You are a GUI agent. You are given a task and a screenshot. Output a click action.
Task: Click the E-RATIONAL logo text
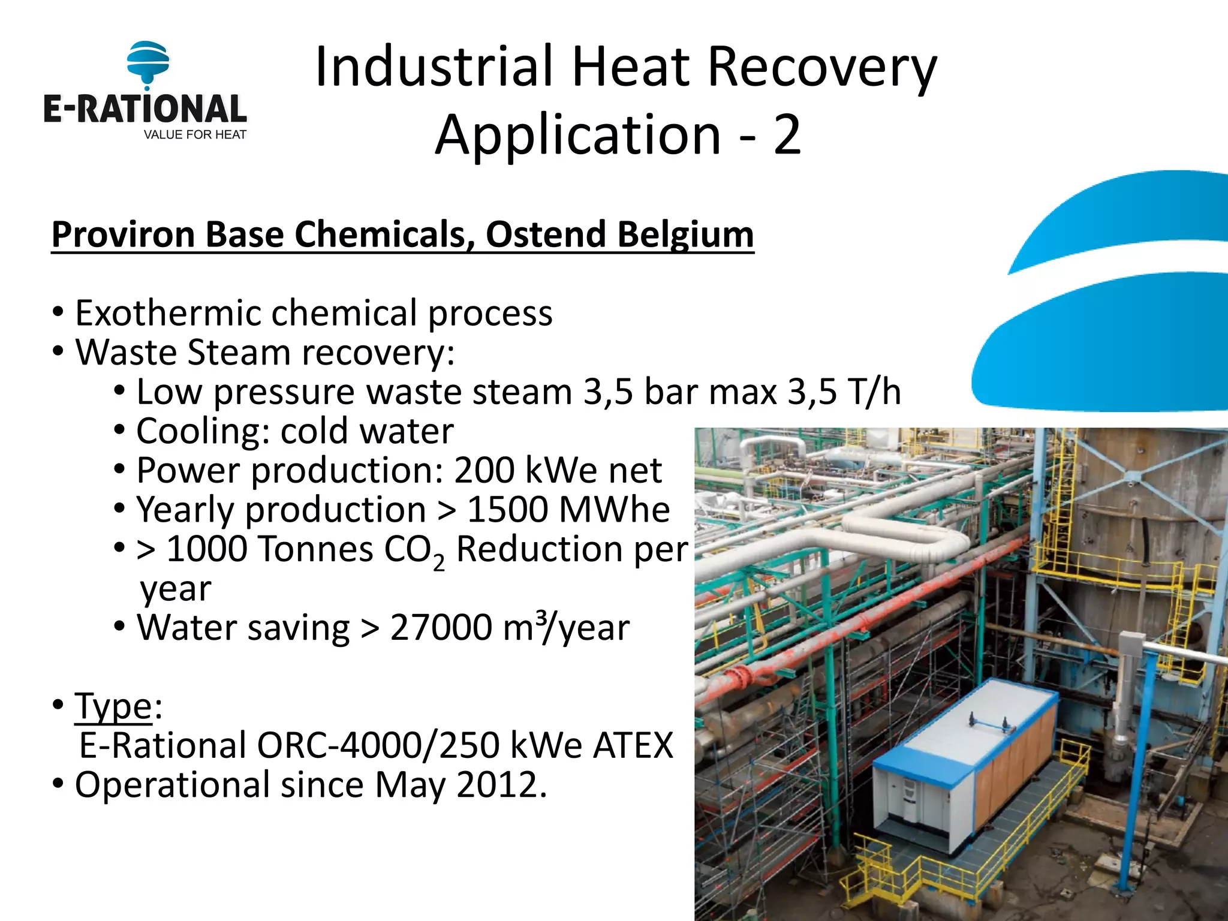[145, 109]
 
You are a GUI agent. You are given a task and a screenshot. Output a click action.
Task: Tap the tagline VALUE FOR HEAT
[195, 135]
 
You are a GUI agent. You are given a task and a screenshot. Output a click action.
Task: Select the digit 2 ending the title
[787, 135]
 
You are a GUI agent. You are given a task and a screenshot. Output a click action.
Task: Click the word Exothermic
[168, 313]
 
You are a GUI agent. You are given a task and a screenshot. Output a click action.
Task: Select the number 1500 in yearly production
[507, 510]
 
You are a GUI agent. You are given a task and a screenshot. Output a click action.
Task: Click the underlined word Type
[113, 706]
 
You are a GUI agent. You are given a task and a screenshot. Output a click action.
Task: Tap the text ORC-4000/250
[378, 745]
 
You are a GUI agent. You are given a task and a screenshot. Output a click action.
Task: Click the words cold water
[367, 431]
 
